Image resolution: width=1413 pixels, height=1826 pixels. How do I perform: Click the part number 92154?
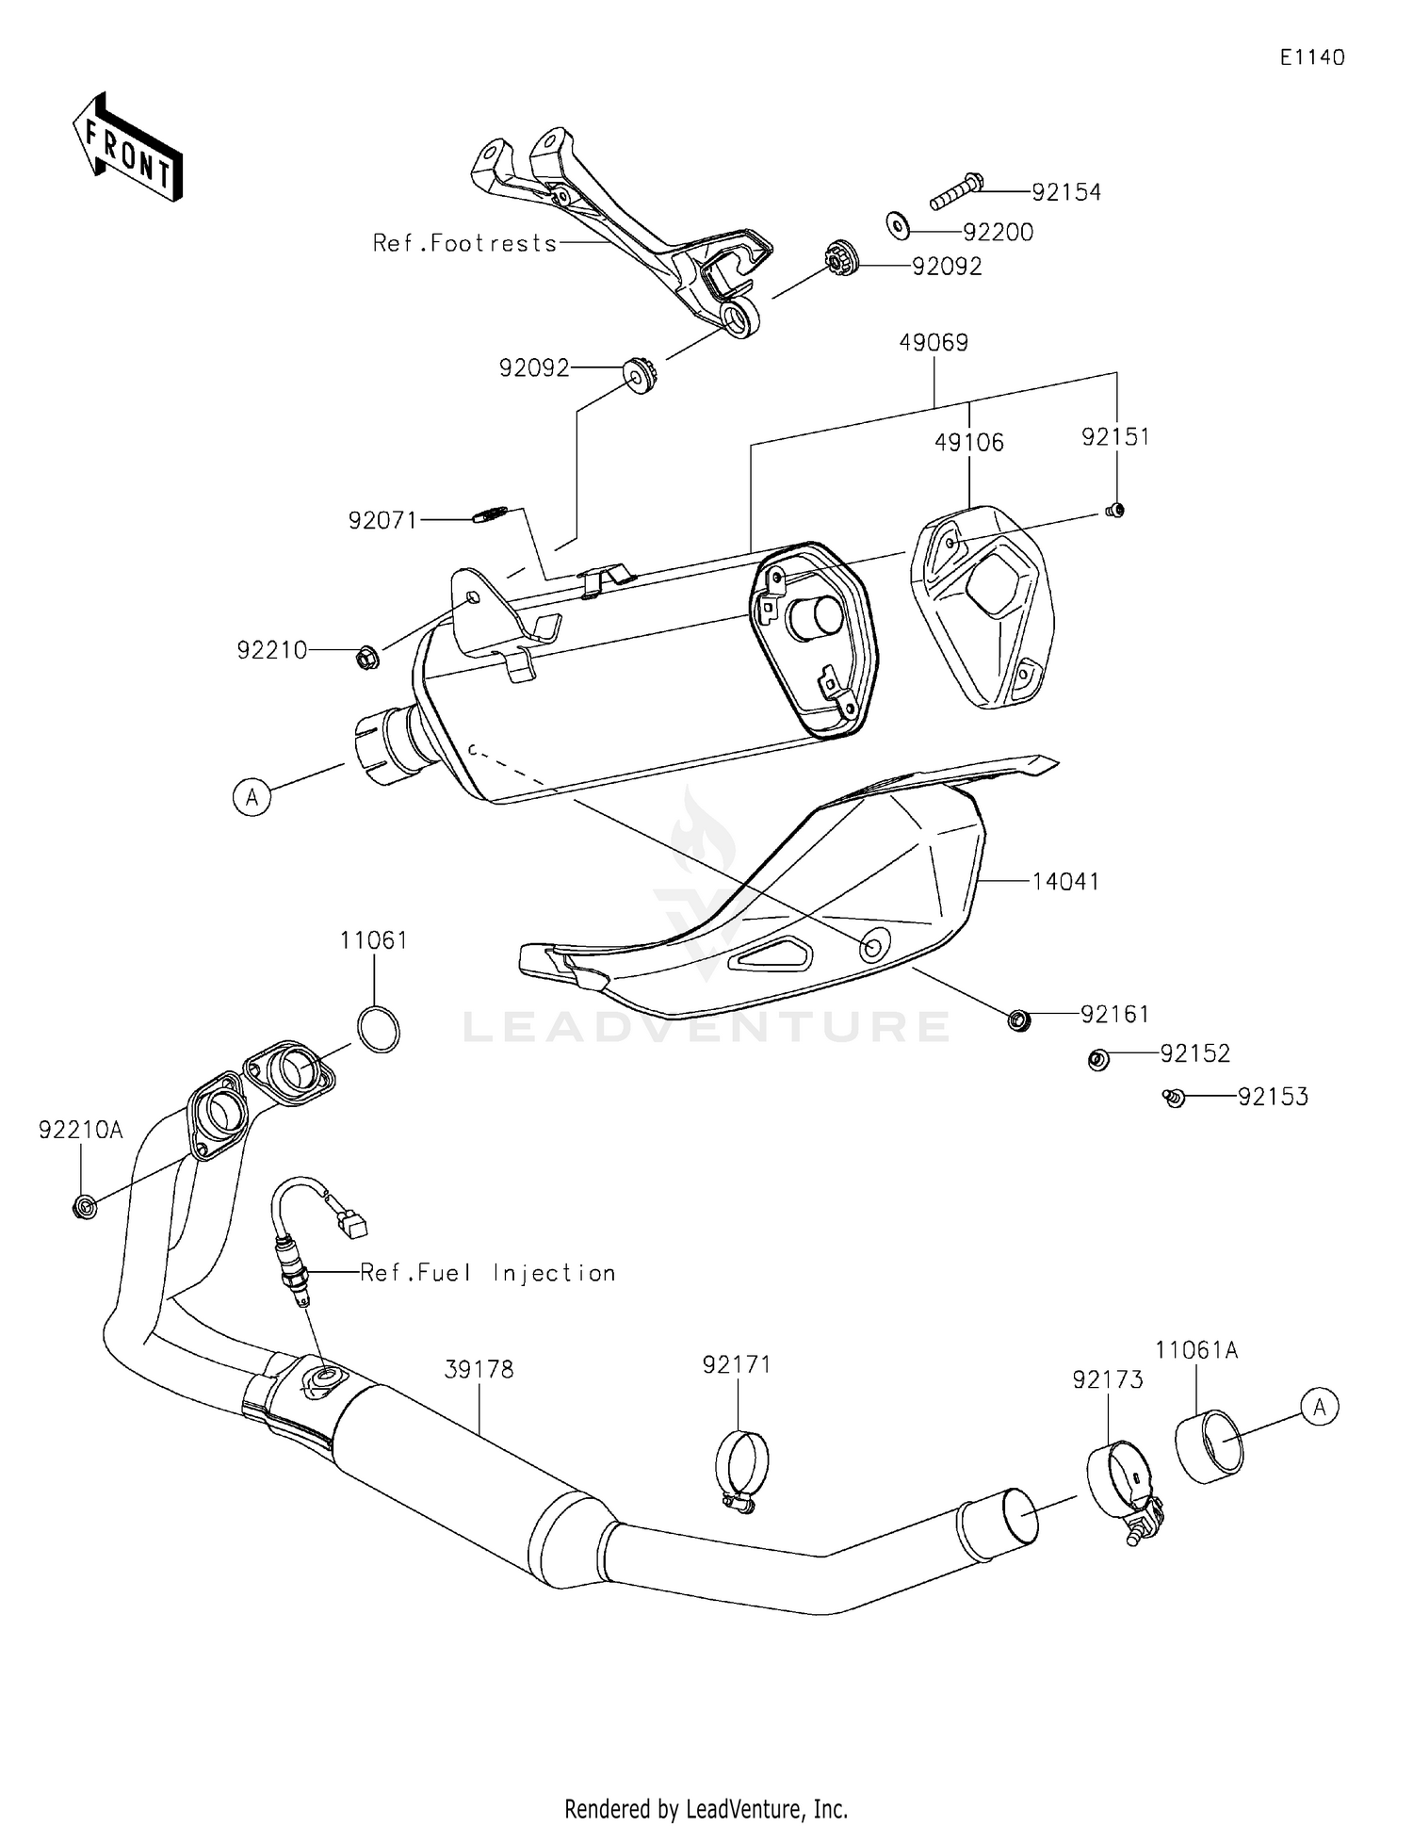coord(1065,192)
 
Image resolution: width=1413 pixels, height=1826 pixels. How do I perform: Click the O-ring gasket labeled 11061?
coord(378,1029)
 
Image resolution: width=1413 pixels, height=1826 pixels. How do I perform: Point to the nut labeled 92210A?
coord(84,1205)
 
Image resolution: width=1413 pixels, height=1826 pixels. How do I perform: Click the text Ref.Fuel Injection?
coord(488,1273)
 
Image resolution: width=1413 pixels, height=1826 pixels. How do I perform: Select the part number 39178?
coord(479,1369)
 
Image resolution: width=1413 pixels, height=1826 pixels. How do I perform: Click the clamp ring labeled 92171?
coord(741,1470)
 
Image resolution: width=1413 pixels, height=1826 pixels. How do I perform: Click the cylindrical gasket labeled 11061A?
coord(1210,1446)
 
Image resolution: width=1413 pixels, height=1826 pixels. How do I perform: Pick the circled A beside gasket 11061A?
coord(1319,1407)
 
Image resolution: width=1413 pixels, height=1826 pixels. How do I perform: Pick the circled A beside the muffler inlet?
coord(252,797)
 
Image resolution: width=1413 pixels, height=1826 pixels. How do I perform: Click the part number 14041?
coord(1065,882)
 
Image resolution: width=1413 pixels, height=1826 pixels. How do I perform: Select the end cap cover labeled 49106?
coord(983,605)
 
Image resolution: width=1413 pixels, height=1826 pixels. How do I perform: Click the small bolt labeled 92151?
coord(1114,511)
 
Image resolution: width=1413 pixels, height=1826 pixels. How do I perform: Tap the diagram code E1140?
coord(1311,57)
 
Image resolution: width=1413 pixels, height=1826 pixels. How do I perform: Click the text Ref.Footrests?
coord(464,243)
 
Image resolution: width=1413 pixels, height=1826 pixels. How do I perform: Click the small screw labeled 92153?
coord(1174,1097)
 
